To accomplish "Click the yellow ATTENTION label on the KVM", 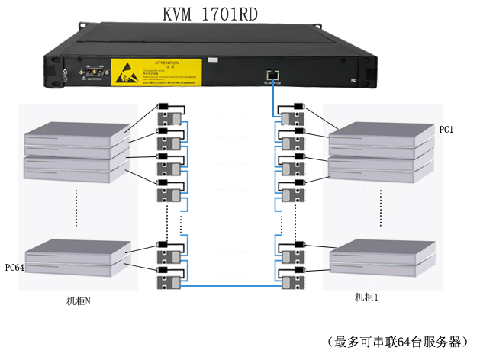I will (x=156, y=72).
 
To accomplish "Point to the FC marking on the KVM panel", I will (x=353, y=79).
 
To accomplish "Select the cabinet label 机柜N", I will (x=79, y=301).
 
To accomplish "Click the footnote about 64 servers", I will (x=396, y=341).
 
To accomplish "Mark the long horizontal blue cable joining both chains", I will (x=229, y=286).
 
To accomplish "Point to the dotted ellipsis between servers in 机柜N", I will (x=77, y=208).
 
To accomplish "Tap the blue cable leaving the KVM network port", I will (x=272, y=95).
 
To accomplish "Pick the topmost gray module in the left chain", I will (x=169, y=119).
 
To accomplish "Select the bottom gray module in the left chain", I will (x=169, y=283).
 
